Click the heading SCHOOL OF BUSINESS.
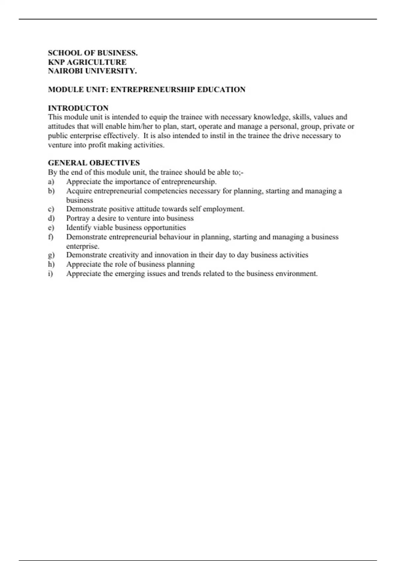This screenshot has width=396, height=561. click(x=93, y=53)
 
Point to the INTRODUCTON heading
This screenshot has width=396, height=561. click(x=78, y=108)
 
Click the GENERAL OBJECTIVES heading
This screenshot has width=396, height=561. click(x=94, y=163)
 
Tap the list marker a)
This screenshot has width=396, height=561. click(x=51, y=182)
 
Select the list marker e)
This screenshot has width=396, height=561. click(x=51, y=228)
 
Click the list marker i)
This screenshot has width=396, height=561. click(x=50, y=274)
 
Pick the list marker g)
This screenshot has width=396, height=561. click(x=51, y=255)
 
